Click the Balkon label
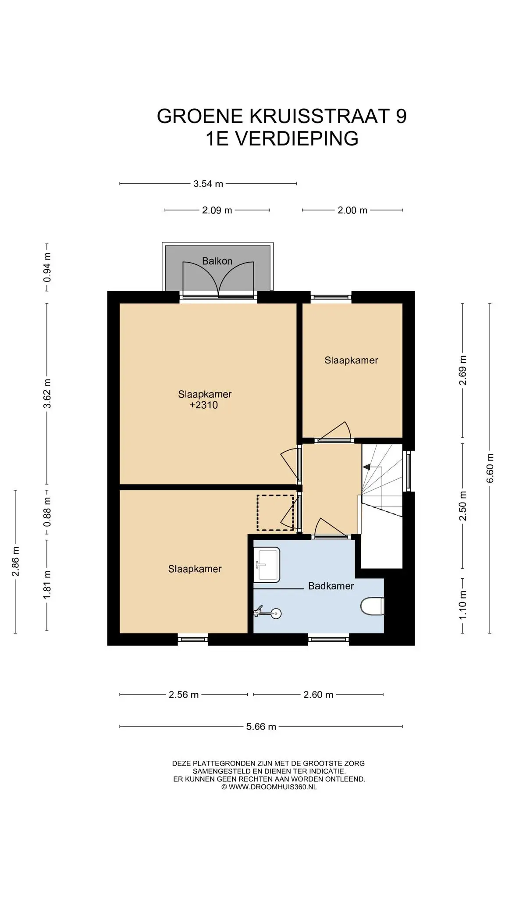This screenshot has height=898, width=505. coord(217,261)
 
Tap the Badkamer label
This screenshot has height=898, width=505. coord(331,586)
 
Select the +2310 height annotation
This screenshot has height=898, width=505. coord(204,405)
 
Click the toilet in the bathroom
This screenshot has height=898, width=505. coord(373,606)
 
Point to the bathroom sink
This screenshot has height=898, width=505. coord(267,565)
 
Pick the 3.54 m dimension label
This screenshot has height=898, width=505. coord(208,184)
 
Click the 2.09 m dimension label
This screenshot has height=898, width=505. coord(217,210)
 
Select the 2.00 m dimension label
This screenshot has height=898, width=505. coord(352,210)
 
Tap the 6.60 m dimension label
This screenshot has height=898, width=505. coord(490,468)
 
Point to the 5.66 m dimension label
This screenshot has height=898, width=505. coord(261,727)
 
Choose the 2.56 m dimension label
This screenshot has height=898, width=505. coord(184,695)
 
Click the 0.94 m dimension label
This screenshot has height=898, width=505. coord(47,267)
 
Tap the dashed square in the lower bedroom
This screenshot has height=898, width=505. coord(275,513)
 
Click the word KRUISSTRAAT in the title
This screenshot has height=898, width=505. coord(320,116)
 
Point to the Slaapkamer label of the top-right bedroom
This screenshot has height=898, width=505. coord(351,360)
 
